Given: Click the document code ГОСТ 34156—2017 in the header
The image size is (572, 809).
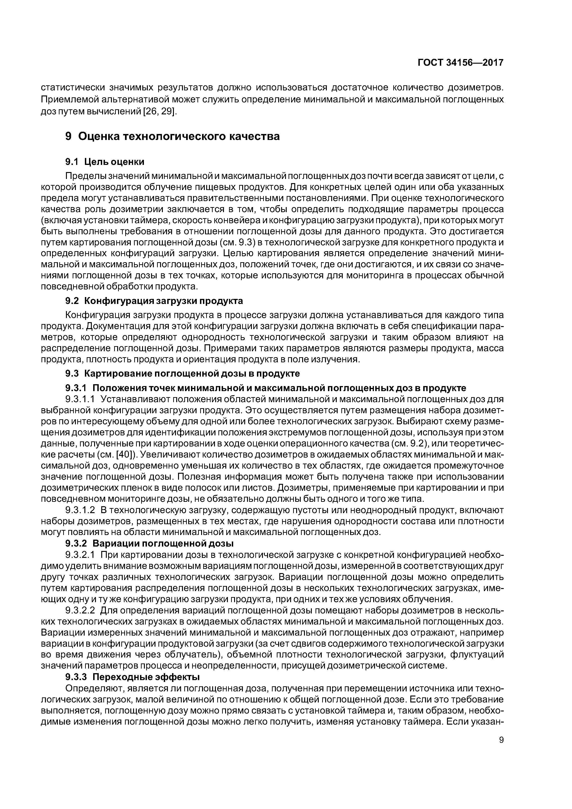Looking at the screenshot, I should (x=460, y=63).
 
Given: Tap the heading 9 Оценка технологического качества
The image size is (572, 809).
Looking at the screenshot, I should (x=172, y=136).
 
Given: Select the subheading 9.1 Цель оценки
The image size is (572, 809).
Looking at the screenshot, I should (x=105, y=162).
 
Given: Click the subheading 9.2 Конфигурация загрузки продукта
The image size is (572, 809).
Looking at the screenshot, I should (x=154, y=301).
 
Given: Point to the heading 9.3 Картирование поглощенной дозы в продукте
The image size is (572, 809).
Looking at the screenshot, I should (x=183, y=373).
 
